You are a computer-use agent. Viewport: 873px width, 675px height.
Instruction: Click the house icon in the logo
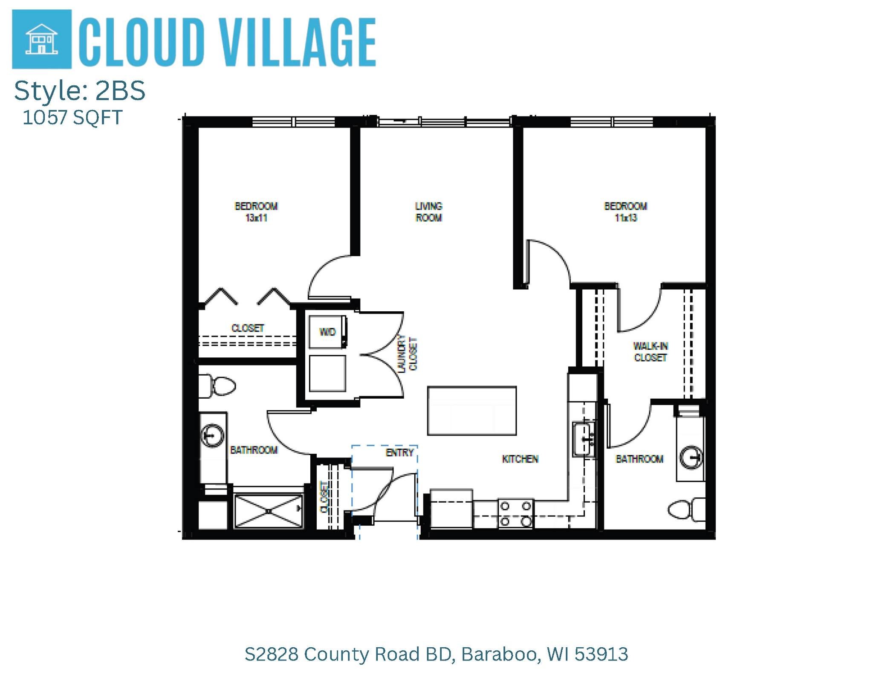[x=41, y=39]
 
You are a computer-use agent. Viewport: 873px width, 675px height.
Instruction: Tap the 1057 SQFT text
[x=72, y=118]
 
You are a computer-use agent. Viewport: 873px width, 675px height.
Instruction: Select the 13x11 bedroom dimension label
[x=256, y=218]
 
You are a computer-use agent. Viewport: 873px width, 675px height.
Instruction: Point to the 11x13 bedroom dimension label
[x=625, y=218]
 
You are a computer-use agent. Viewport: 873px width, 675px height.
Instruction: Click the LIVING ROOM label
[x=428, y=212]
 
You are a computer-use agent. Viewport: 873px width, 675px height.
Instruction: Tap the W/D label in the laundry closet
[x=327, y=332]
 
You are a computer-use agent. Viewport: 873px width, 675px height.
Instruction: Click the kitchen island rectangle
[x=471, y=411]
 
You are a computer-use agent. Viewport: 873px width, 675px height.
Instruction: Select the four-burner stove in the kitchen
[x=516, y=513]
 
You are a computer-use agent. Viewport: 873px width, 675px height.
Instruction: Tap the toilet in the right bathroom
[x=686, y=510]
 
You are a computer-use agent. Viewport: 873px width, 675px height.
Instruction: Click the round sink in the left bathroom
[x=212, y=435]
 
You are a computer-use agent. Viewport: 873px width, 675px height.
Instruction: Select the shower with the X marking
[x=269, y=511]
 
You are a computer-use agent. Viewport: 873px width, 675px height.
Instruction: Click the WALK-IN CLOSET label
[x=650, y=352]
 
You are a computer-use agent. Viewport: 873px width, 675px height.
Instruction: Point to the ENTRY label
[x=399, y=453]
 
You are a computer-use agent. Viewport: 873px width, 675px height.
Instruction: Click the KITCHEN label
[x=520, y=459]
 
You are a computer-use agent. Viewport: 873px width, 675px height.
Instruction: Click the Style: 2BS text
[x=80, y=91]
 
